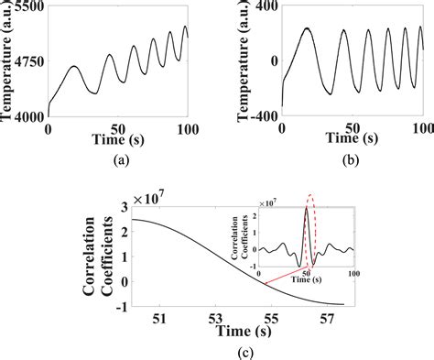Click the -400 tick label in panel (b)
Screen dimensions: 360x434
[x=262, y=116]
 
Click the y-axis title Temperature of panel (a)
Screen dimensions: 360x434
[x=8, y=60]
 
